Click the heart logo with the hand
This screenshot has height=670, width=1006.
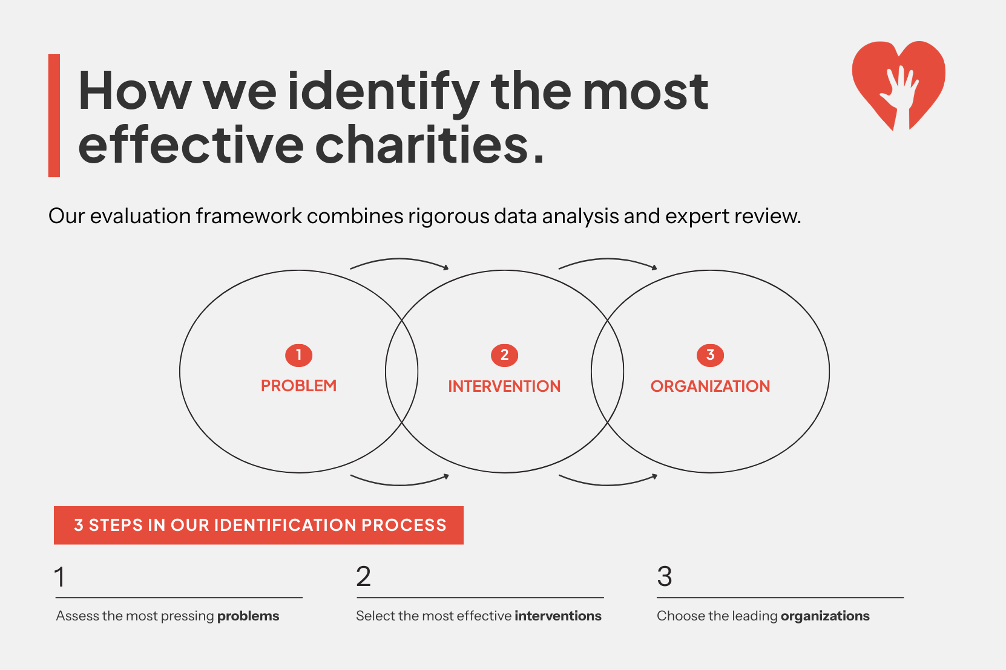pyautogui.click(x=898, y=82)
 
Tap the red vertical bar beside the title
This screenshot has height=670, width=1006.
pyautogui.click(x=54, y=115)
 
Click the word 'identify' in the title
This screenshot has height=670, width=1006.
pyautogui.click(x=383, y=92)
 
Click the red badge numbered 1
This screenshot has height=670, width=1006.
pyautogui.click(x=298, y=355)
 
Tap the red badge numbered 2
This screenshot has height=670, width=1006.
pyautogui.click(x=504, y=355)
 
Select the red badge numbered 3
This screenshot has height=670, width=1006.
pyautogui.click(x=710, y=355)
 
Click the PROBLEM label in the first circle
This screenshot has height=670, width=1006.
pyautogui.click(x=298, y=386)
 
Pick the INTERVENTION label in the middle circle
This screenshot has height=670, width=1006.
pyautogui.click(x=504, y=386)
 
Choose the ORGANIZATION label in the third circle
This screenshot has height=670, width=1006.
pyautogui.click(x=710, y=386)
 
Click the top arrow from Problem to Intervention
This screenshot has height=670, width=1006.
pyautogui.click(x=399, y=261)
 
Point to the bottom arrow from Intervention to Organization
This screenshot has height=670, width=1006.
pyautogui.click(x=608, y=483)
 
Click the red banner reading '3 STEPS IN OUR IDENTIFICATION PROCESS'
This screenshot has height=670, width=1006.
pyautogui.click(x=259, y=525)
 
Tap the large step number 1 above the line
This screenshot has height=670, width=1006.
pyautogui.click(x=59, y=577)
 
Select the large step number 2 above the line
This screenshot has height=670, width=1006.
pyautogui.click(x=363, y=577)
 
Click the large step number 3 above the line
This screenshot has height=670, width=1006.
pyautogui.click(x=665, y=577)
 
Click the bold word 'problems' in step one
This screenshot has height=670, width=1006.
pyautogui.click(x=248, y=616)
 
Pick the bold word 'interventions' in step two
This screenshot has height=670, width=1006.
pyautogui.click(x=557, y=616)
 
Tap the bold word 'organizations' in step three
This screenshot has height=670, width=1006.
pyautogui.click(x=825, y=616)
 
